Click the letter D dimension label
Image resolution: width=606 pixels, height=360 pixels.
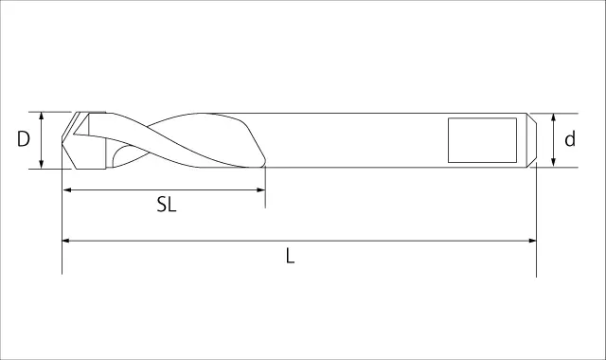pos(24,139)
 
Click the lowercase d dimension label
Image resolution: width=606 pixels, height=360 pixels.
pos(570,139)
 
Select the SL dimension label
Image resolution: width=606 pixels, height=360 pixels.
pos(167,205)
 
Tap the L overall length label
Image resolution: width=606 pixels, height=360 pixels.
pos(291,256)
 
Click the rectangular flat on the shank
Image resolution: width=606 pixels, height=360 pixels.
pos(482,140)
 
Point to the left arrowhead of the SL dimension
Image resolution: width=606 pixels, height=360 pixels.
pos(67,189)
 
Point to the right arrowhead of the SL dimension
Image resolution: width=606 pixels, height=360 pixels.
pos(260,189)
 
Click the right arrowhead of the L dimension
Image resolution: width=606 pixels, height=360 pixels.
pos(531,241)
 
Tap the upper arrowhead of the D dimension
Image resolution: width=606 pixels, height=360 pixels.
pos(42,117)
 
